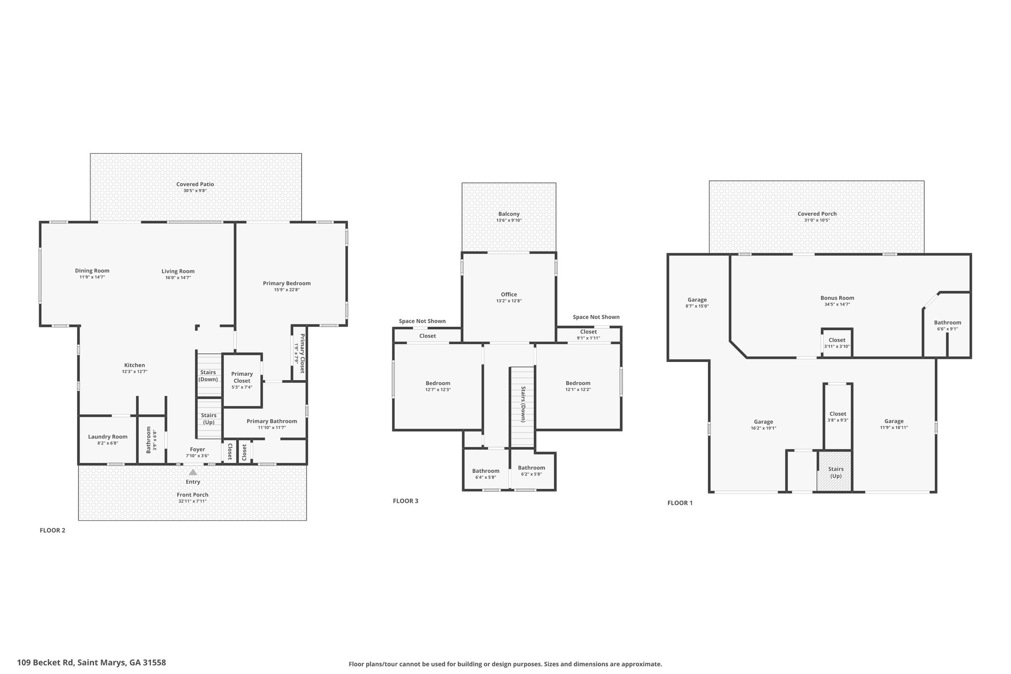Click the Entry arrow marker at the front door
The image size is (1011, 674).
[x=193, y=472]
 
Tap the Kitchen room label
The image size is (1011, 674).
[x=135, y=365]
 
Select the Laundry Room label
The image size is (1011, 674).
[x=108, y=436]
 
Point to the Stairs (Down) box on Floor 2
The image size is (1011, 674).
[x=209, y=375]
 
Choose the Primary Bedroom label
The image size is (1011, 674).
[x=287, y=283]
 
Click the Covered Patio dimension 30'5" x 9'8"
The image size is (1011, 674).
[x=195, y=191]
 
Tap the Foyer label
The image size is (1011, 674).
[x=197, y=449]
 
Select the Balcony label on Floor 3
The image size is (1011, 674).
[x=509, y=214]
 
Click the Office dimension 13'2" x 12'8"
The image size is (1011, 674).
[x=509, y=301]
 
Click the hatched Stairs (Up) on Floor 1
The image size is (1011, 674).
[x=835, y=472]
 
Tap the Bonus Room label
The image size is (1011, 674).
[x=837, y=298]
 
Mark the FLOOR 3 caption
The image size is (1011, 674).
[x=405, y=501]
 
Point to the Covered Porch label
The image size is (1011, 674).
[x=817, y=214]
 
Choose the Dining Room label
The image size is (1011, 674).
[x=92, y=271]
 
